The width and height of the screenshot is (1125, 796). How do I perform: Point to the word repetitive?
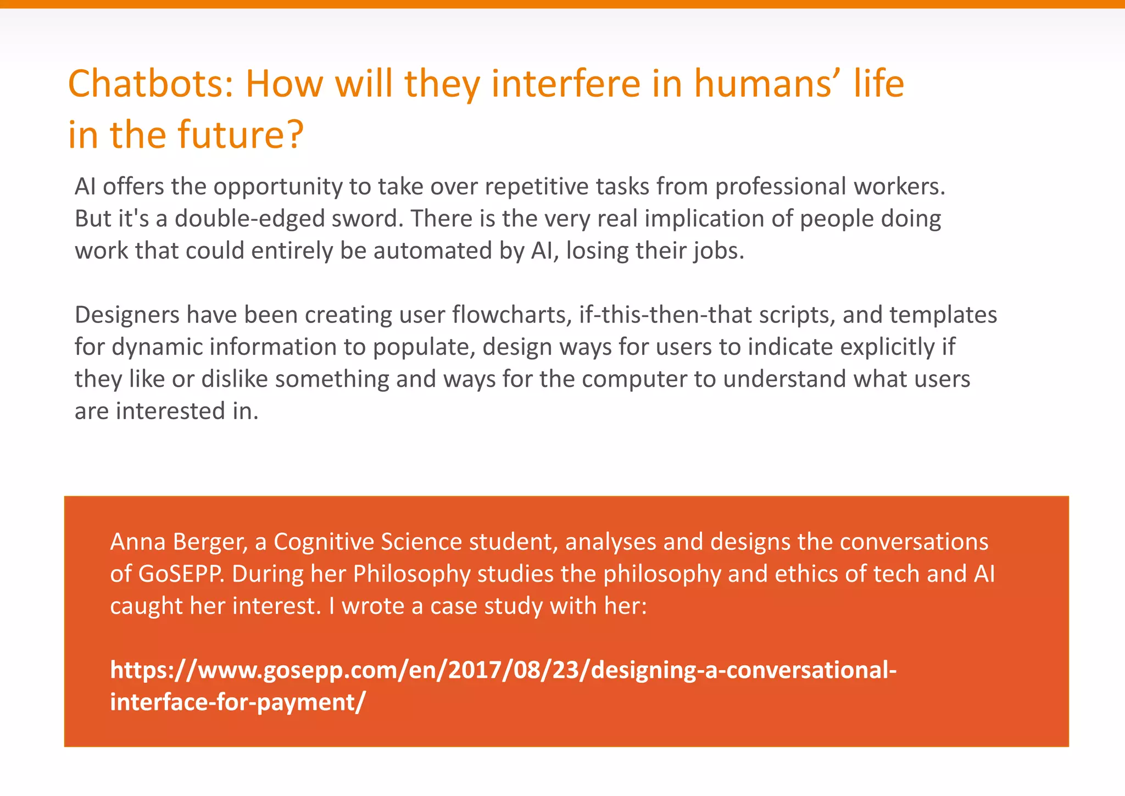tap(537, 187)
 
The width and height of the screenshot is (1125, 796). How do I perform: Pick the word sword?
tap(367, 219)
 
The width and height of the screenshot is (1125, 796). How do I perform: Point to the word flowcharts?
tap(513, 315)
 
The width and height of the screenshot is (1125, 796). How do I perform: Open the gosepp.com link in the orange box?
tap(503, 670)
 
